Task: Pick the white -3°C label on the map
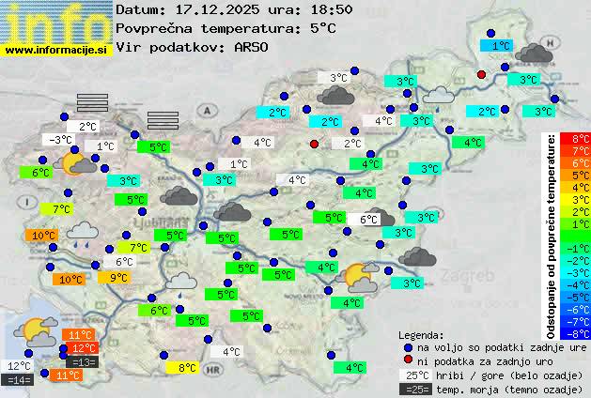(x=60, y=140)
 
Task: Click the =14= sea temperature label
(x=18, y=380)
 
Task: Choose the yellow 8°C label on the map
(x=188, y=368)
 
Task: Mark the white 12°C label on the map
(x=19, y=366)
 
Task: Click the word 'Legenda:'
(x=422, y=334)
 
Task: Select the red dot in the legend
(x=407, y=360)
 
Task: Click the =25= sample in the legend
(x=414, y=389)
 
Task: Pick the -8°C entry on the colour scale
(x=581, y=333)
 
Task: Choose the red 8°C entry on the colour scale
(x=581, y=139)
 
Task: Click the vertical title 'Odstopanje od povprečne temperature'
(x=552, y=235)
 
